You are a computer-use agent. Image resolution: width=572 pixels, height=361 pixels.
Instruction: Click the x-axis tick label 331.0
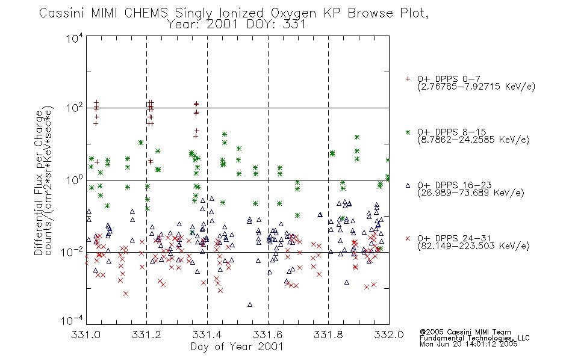(x=86, y=335)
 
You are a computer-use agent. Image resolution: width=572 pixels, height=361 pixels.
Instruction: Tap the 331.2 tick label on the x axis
(x=147, y=335)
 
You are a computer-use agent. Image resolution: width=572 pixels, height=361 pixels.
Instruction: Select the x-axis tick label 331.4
(x=207, y=335)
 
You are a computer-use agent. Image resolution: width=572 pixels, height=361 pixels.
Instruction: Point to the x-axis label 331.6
(x=268, y=335)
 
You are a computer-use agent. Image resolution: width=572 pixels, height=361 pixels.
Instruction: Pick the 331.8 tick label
(x=328, y=335)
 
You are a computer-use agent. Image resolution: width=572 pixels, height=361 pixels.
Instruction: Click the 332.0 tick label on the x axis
(x=389, y=335)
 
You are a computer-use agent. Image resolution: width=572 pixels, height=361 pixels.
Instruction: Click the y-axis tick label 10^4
(x=75, y=38)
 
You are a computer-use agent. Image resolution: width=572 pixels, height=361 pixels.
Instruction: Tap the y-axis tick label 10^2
(x=75, y=108)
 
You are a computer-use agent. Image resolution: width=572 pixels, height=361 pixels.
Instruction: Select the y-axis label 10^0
(x=75, y=180)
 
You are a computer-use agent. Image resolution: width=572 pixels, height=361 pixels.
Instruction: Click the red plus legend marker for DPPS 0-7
(x=408, y=79)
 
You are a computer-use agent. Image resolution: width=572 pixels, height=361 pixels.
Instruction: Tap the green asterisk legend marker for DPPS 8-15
(x=408, y=132)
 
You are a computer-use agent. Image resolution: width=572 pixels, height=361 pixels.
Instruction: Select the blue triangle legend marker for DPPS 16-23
(x=408, y=185)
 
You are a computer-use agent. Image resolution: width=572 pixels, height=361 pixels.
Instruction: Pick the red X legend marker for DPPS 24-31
(x=408, y=238)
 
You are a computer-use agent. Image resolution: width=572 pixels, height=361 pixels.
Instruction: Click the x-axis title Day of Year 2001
(x=237, y=347)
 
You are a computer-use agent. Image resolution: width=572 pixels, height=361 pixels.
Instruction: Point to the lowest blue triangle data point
(x=250, y=304)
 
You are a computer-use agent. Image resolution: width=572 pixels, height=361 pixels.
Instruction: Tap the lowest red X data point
(x=125, y=294)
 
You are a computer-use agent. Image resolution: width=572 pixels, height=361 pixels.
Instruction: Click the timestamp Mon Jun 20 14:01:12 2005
(x=468, y=344)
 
